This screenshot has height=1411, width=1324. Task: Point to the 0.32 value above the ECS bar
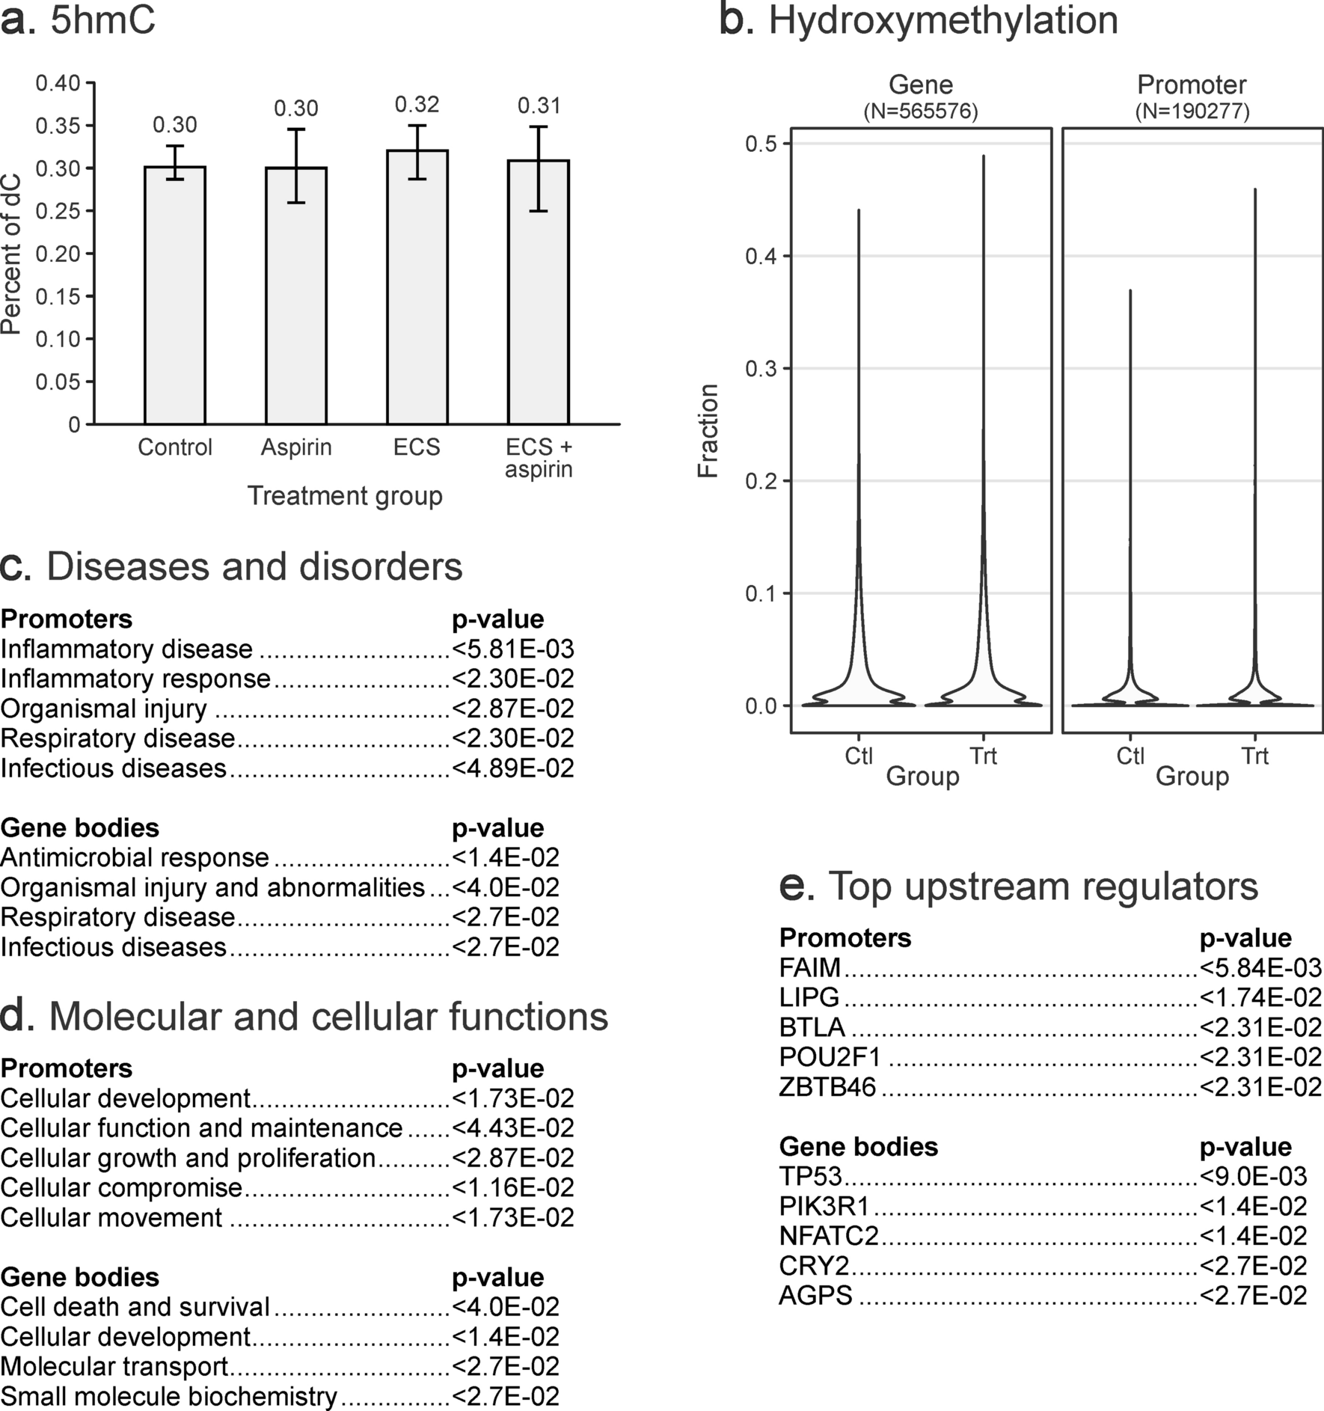[x=417, y=104]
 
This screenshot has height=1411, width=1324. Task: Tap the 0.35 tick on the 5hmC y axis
[x=58, y=126]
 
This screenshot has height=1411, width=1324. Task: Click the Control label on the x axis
[x=175, y=447]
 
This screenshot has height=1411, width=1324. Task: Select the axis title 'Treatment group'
[x=345, y=496]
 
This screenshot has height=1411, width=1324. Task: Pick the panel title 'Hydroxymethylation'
[x=943, y=21]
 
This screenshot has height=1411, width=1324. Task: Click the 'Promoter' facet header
[x=1192, y=85]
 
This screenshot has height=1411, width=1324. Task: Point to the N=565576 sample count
[x=921, y=111]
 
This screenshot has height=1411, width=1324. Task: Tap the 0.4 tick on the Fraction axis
[x=761, y=257]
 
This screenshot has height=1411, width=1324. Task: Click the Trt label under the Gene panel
[x=983, y=756]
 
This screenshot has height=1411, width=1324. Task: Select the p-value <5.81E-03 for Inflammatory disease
[x=513, y=649]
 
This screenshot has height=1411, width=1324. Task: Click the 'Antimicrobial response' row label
[x=135, y=857]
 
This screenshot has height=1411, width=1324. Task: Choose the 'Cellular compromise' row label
[x=121, y=1187]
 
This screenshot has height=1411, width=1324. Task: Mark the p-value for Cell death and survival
[x=506, y=1306]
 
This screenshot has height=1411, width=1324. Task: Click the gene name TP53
[x=811, y=1176]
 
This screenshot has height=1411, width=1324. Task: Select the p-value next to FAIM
[x=1261, y=967]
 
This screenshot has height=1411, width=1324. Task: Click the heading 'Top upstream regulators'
[x=1043, y=887]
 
